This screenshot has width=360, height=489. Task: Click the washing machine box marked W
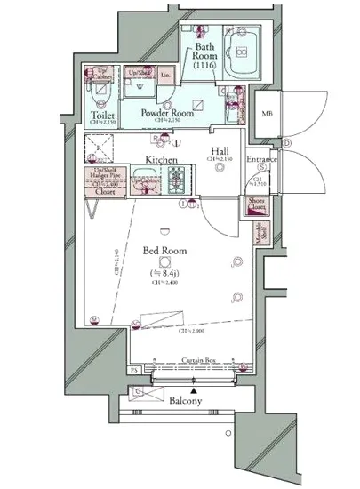click(x=139, y=88)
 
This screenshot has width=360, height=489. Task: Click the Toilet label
click(x=102, y=116)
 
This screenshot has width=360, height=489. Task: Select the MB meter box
click(x=267, y=113)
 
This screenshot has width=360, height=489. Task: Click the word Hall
click(x=220, y=150)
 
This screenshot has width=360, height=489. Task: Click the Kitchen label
click(x=162, y=161)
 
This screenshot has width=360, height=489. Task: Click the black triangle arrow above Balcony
click(x=191, y=389)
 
